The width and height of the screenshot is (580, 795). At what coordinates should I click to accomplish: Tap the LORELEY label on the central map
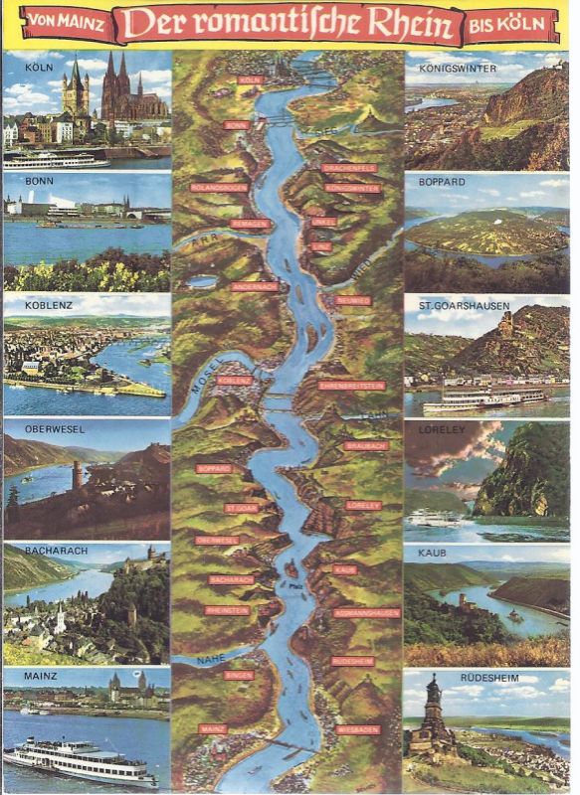(x=363, y=505)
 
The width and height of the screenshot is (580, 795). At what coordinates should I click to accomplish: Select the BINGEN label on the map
(x=239, y=675)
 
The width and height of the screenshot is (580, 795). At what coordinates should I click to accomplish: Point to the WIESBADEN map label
(x=358, y=729)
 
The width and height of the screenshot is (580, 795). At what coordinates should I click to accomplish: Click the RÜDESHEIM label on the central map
(x=352, y=660)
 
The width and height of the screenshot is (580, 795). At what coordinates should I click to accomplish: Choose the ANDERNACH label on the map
(x=248, y=286)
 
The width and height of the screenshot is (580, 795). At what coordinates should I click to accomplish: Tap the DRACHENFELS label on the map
(x=349, y=169)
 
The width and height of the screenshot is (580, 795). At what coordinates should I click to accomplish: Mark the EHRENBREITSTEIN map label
(x=351, y=385)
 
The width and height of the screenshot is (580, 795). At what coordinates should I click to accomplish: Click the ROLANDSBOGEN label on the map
(x=218, y=187)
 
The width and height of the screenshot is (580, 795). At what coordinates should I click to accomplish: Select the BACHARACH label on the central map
(x=232, y=578)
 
